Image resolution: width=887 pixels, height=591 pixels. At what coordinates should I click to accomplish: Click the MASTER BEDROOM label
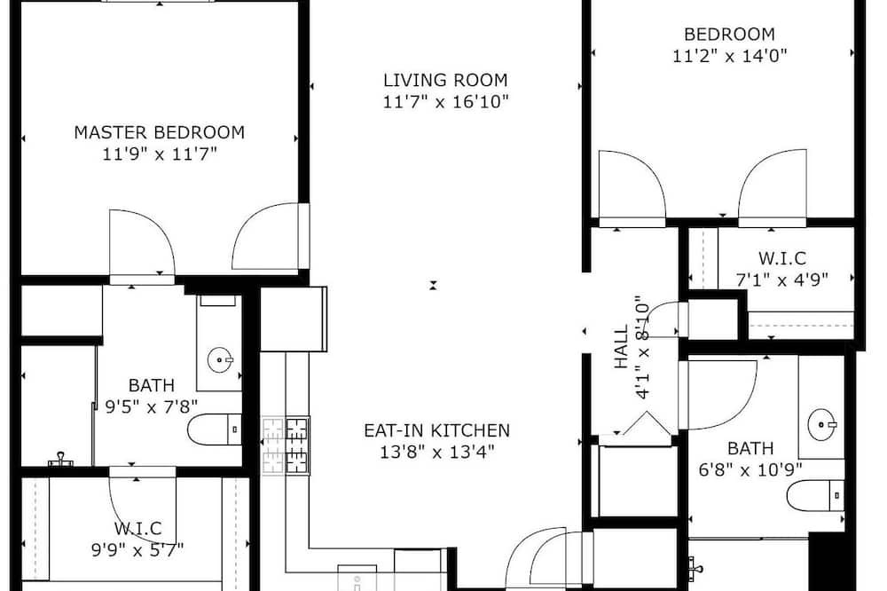click(160, 132)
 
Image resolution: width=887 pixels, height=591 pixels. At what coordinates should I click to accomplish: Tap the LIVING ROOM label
click(446, 80)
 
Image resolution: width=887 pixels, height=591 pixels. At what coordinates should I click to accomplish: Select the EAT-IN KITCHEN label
click(436, 430)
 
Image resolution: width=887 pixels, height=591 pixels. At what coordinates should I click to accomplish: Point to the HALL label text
click(621, 346)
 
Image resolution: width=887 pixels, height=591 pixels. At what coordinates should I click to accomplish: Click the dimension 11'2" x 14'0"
click(730, 56)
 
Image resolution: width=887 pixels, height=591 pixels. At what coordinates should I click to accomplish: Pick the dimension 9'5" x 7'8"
click(152, 406)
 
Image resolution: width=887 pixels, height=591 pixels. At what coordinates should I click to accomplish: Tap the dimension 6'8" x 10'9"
click(750, 469)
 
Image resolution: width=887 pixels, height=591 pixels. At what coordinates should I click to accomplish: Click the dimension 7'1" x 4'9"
click(782, 280)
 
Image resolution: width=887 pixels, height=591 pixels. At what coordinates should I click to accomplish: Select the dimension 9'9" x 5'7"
click(137, 549)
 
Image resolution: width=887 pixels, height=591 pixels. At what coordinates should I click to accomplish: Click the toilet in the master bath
click(215, 429)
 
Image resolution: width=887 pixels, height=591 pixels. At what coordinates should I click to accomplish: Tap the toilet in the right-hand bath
click(815, 496)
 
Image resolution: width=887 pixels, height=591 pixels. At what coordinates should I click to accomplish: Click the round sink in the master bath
click(219, 359)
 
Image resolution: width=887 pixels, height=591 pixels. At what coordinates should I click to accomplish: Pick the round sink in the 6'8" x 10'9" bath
click(822, 423)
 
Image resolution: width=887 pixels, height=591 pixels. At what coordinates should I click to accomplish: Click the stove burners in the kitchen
click(286, 445)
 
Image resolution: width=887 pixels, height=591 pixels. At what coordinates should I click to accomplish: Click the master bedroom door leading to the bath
click(142, 242)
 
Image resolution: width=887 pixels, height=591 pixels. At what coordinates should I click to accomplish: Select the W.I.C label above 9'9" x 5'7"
click(138, 529)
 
